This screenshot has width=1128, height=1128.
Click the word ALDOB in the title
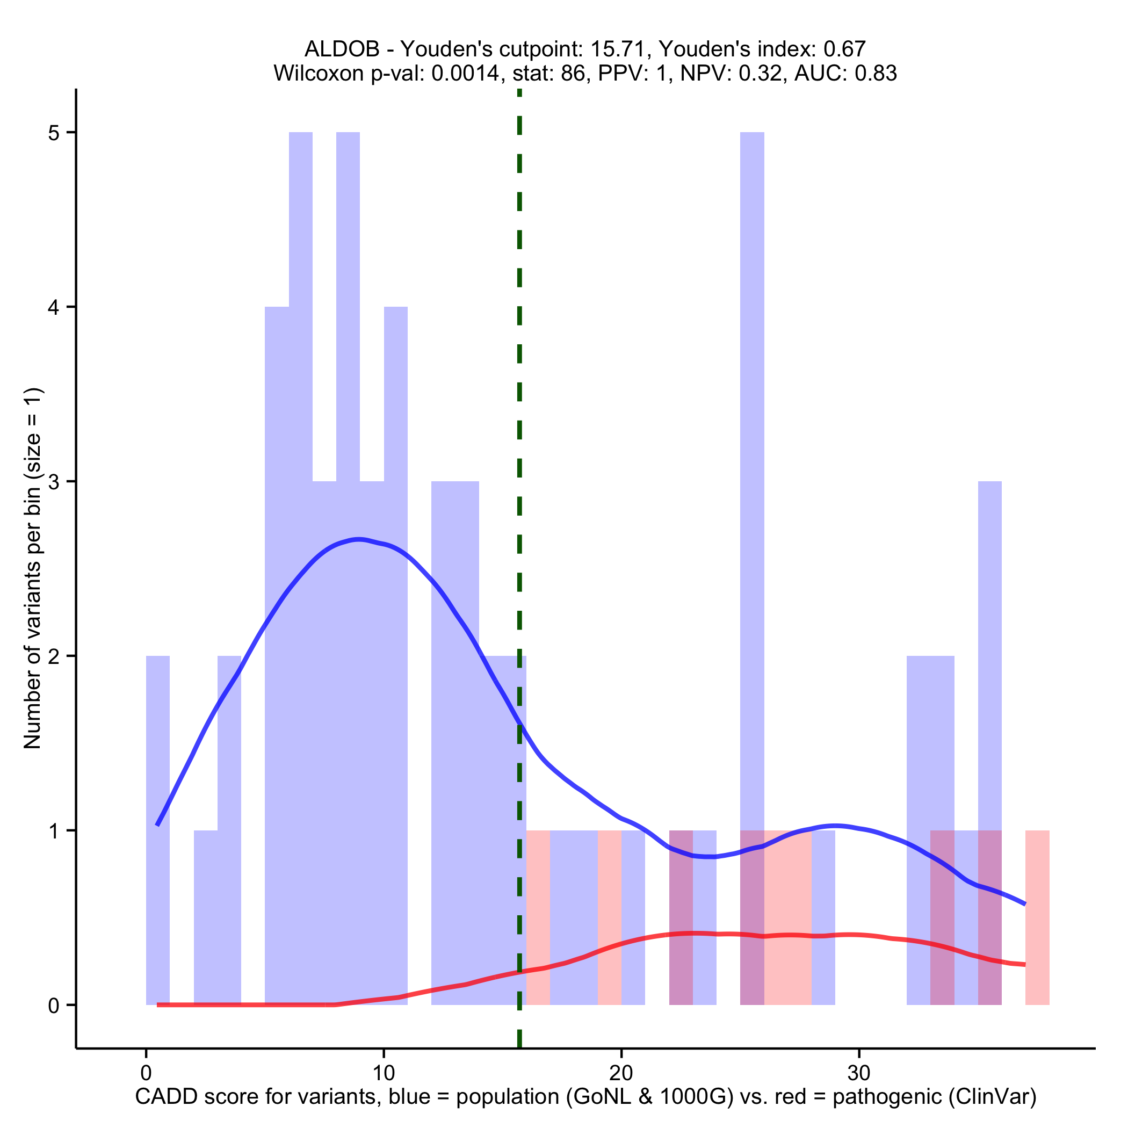342,49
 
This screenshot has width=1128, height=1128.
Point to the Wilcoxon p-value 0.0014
465,73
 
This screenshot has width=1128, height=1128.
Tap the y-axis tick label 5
54,133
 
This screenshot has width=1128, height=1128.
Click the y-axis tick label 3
54,482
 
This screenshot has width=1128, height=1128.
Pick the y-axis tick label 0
54,1006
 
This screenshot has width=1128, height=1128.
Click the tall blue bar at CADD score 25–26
752,467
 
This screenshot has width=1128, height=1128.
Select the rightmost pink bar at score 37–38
1038,917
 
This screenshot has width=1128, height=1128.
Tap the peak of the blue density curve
359,538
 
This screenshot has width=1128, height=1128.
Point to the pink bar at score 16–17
538,917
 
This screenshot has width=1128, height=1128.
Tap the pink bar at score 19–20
609,917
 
